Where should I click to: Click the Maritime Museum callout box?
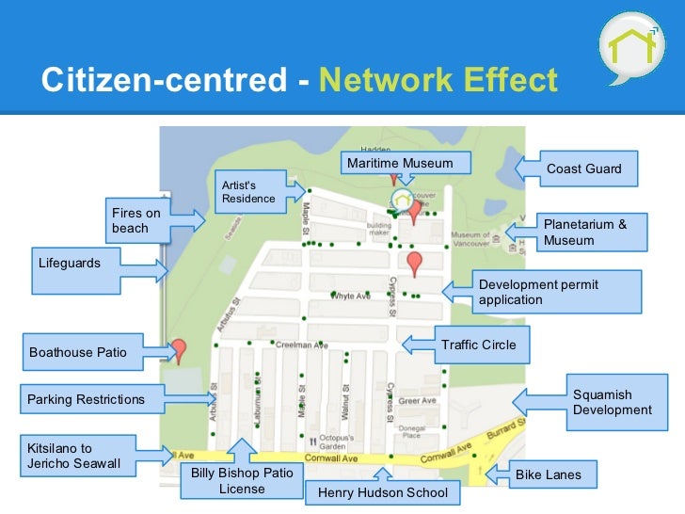pyautogui.click(x=400, y=164)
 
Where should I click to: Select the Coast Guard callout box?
pyautogui.click(x=583, y=169)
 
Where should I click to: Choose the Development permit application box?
pyautogui.click(x=555, y=292)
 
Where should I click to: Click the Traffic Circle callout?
pyautogui.click(x=478, y=345)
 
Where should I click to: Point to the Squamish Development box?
pyautogui.click(x=612, y=402)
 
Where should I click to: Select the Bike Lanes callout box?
pyautogui.click(x=548, y=474)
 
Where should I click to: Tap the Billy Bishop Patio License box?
pyautogui.click(x=242, y=480)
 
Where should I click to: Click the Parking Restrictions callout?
pyautogui.click(x=87, y=399)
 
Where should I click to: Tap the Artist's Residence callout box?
pyautogui.click(x=247, y=191)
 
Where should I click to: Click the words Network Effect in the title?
pyautogui.click(x=438, y=80)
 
